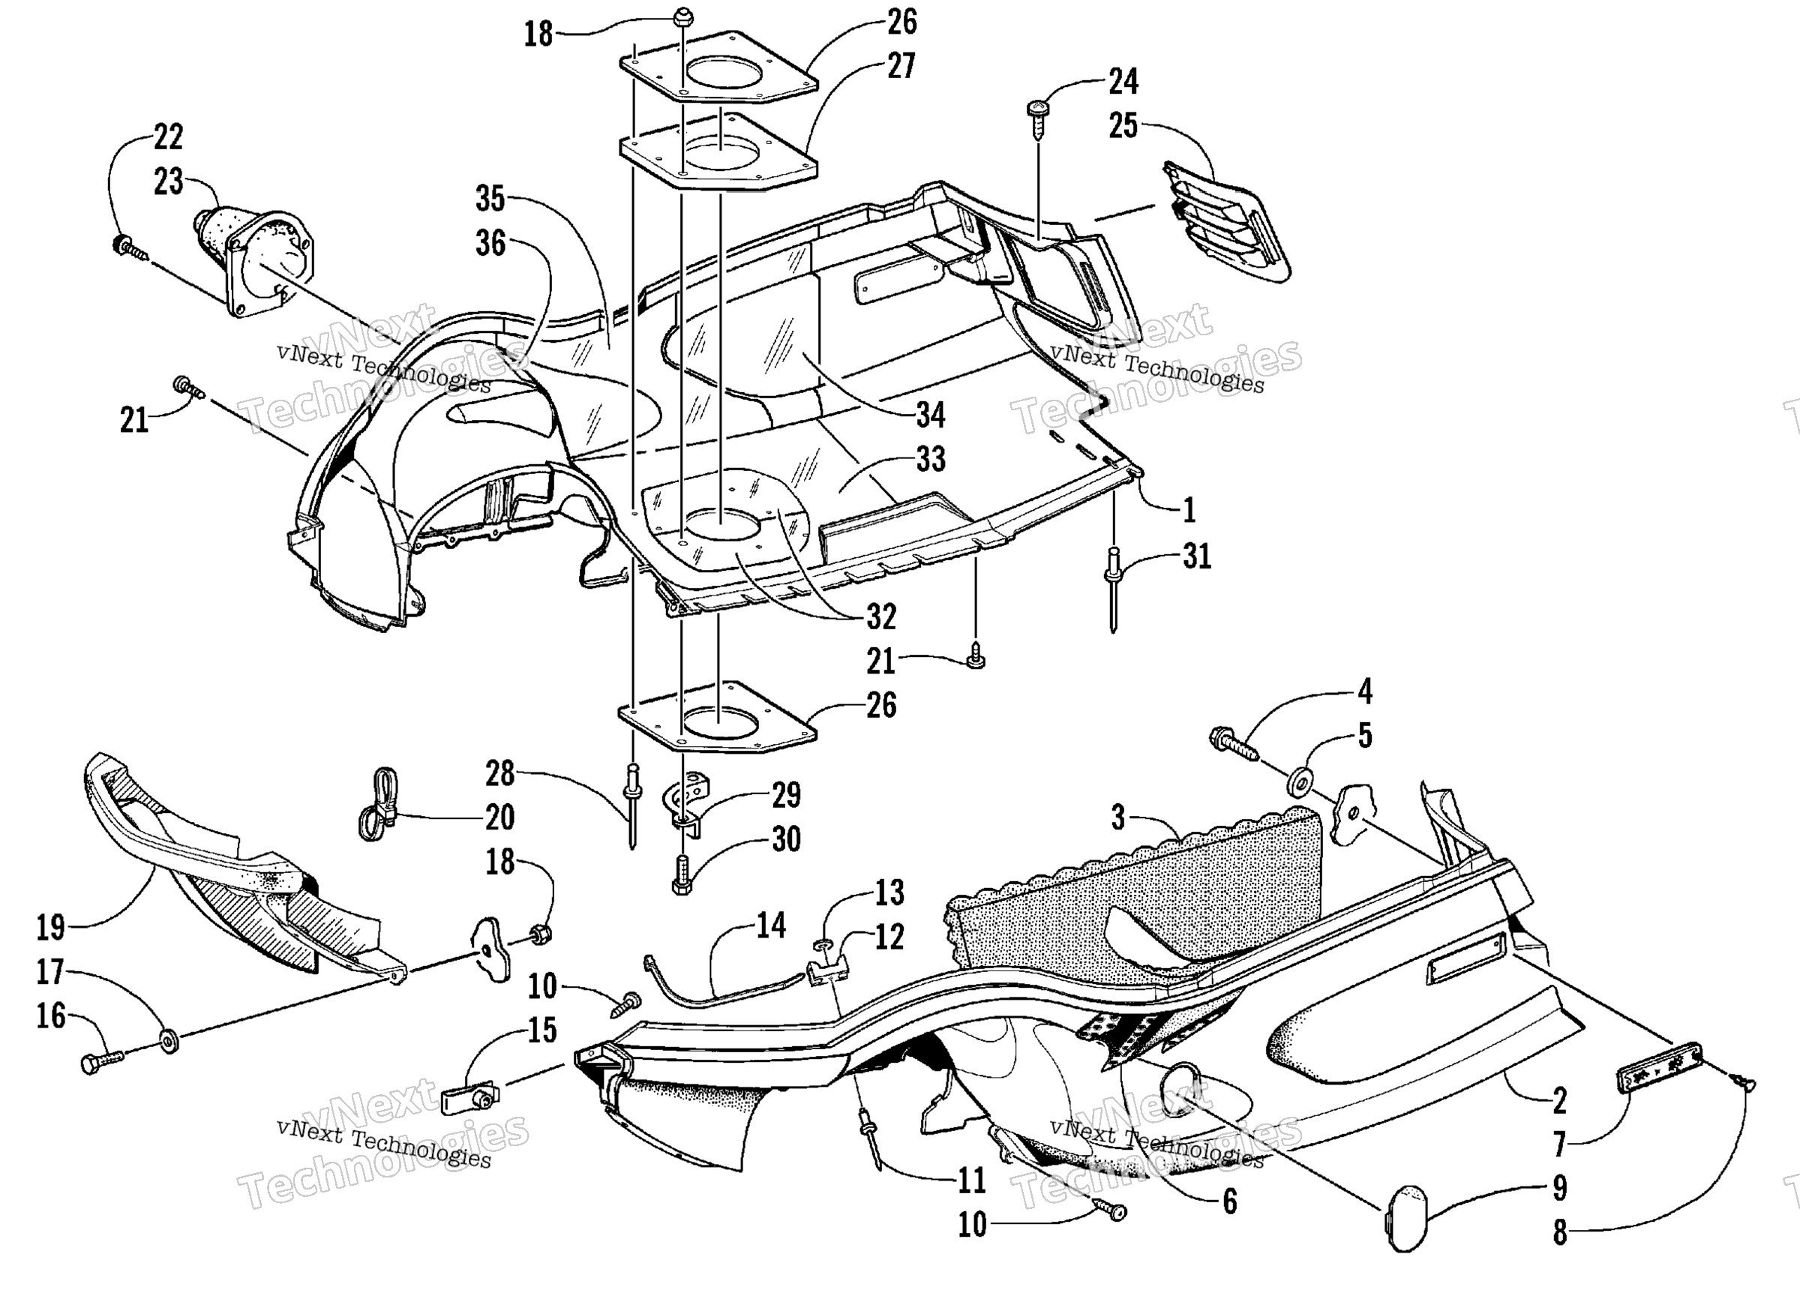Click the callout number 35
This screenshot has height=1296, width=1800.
490,199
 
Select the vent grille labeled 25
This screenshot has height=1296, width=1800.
1226,222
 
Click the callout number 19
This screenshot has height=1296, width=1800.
51,927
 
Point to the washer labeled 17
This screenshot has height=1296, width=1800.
168,1040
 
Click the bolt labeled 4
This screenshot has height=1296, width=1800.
1234,745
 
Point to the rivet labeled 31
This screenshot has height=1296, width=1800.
1114,589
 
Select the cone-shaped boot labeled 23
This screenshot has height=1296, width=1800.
253,262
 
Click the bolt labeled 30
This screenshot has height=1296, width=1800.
682,874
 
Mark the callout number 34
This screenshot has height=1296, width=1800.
931,414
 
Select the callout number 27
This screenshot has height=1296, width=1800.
901,66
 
